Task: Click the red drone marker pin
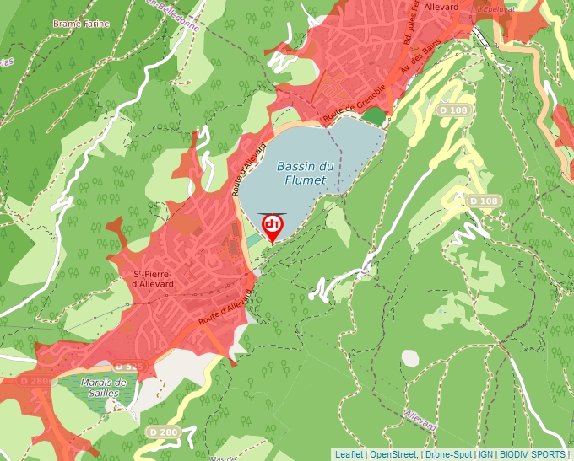pyautogui.click(x=273, y=227)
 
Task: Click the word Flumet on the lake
pyautogui.click(x=304, y=180)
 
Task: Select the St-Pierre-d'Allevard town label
pyautogui.click(x=153, y=279)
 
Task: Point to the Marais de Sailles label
pyautogui.click(x=104, y=387)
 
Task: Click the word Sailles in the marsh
pyautogui.click(x=104, y=393)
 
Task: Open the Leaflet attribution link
pyautogui.click(x=349, y=454)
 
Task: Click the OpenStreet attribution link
pyautogui.click(x=394, y=454)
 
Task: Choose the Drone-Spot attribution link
pyautogui.click(x=449, y=454)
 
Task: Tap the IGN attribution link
pyautogui.click(x=485, y=454)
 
